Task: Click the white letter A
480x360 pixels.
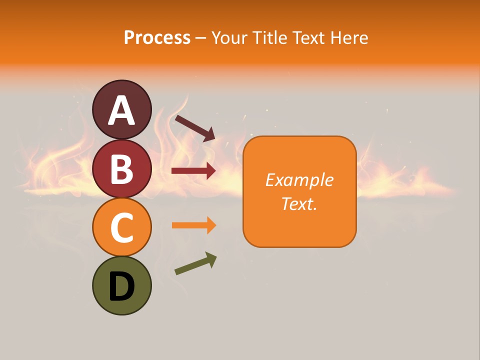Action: [121, 111]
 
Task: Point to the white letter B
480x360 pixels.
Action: [121, 168]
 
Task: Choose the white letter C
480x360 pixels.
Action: [121, 227]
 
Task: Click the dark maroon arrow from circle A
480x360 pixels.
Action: [194, 128]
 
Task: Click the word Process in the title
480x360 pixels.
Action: [157, 37]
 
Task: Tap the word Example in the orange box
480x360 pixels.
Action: [299, 180]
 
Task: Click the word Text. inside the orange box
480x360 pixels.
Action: [299, 203]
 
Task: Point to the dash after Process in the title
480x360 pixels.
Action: [201, 38]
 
